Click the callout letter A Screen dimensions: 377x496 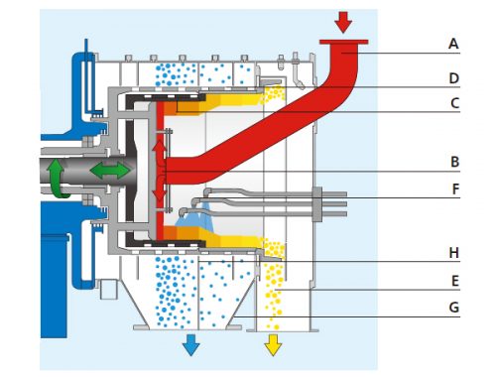tap(453, 44)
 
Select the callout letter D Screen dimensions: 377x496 tap(453, 78)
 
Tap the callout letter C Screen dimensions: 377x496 tap(453, 102)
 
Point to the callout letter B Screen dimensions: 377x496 tap(453, 162)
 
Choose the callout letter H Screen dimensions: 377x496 tap(453, 254)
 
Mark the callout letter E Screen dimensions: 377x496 tap(453, 281)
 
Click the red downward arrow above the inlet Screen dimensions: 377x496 tap(343, 21)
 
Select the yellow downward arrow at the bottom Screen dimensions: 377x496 tap(272, 344)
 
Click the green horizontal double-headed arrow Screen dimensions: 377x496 tap(109, 171)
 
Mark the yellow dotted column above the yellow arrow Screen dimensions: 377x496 tap(272, 288)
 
